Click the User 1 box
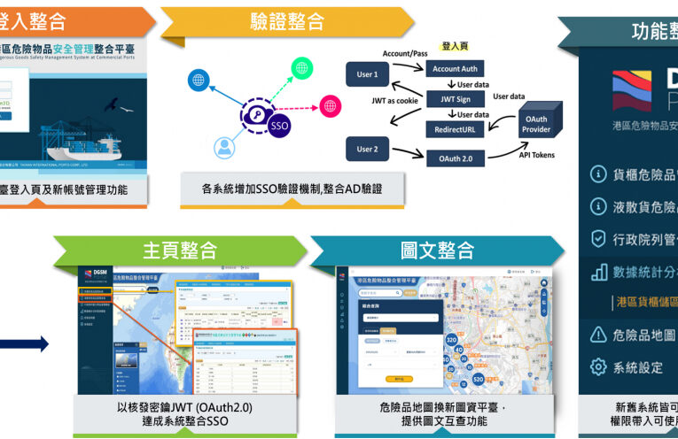(367, 75)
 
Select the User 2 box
(367, 149)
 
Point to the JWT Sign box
(455, 99)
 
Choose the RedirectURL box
(455, 128)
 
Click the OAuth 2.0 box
(455, 158)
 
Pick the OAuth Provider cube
(536, 124)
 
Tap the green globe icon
(303, 67)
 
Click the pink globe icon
(330, 106)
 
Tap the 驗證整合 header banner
(277, 21)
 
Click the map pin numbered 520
(479, 379)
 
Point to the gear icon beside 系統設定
(598, 366)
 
